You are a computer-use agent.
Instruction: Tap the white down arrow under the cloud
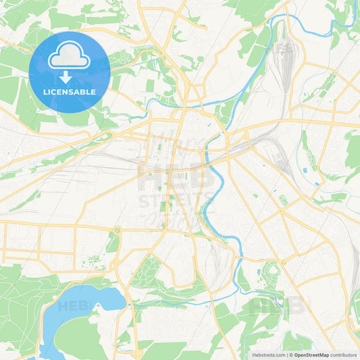point(70,76)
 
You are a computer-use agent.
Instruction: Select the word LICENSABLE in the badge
point(70,92)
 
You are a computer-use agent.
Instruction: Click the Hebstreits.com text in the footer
point(264,353)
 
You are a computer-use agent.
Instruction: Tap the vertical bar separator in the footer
point(287,353)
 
